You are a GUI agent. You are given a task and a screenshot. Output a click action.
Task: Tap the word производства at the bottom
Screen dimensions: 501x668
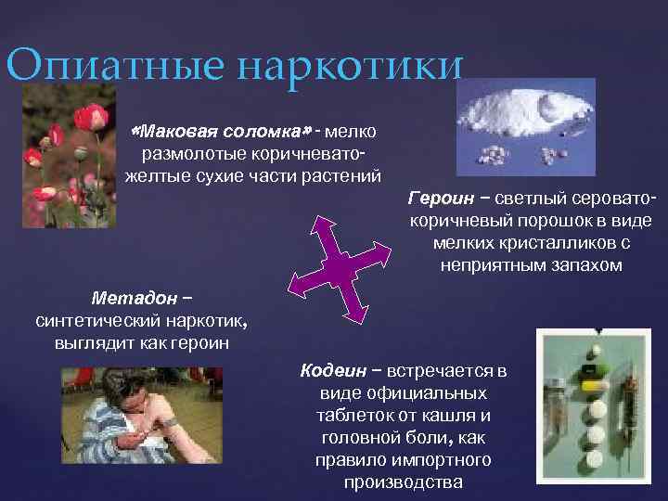pyautogui.click(x=403, y=482)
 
